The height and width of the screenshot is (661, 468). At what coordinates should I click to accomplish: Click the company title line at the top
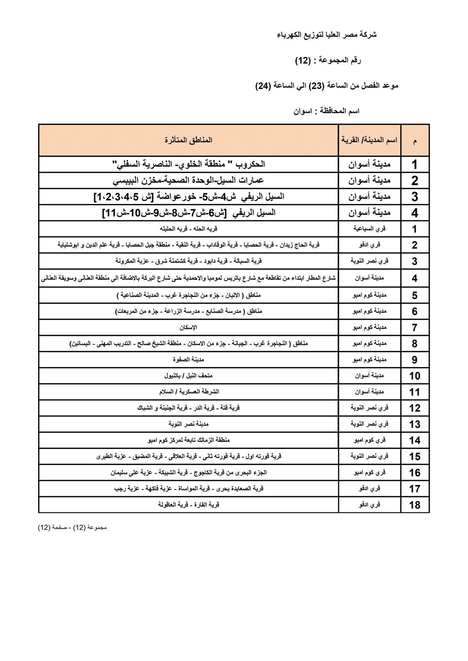point(326,35)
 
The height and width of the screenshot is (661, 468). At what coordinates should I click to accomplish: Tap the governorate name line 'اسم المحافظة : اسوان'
point(326,111)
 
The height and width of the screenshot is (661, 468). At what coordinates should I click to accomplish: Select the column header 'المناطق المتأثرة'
point(188,140)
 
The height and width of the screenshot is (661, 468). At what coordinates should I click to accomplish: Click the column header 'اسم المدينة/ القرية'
point(369,140)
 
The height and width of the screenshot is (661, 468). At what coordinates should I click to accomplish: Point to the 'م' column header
point(415,141)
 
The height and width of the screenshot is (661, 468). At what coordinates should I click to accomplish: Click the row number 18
point(415,505)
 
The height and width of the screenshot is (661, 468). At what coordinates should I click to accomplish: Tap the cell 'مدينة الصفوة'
point(189,360)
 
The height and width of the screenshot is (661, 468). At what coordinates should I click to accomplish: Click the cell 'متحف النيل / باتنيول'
point(188,376)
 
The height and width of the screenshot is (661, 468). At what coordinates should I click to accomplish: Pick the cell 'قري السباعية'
point(369,229)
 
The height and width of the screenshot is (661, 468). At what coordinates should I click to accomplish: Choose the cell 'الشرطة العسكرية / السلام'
point(189,392)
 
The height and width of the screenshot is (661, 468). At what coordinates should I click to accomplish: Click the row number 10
point(415,376)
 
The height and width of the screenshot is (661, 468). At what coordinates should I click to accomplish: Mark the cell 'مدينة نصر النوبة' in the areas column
point(189,424)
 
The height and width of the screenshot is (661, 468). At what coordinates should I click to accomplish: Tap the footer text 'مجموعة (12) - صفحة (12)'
point(72,528)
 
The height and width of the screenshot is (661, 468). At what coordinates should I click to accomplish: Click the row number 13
point(415,424)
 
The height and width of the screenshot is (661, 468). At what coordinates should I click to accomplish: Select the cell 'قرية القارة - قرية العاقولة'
point(188,505)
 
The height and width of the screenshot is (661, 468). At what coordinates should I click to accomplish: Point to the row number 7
point(415,327)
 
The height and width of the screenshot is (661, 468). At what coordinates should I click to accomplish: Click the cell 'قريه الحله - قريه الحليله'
point(188,229)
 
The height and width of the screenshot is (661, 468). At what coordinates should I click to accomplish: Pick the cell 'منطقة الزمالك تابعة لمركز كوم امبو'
point(188,440)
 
